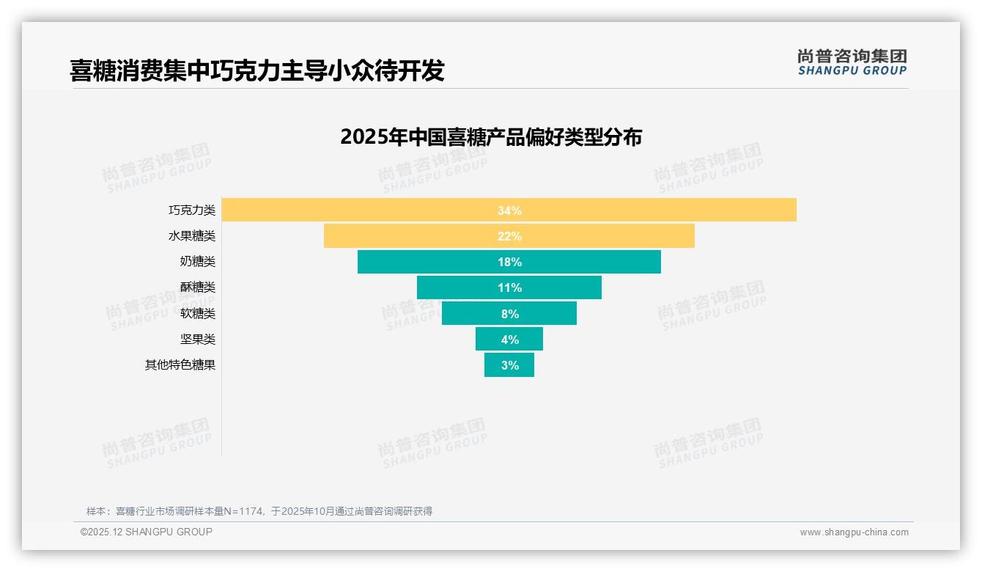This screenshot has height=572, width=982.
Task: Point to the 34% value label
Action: [509, 210]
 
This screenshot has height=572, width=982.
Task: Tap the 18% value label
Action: [509, 262]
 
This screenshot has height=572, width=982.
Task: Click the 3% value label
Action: [510, 365]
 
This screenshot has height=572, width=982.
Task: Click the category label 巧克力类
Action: [192, 210]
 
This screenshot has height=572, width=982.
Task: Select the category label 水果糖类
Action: [192, 236]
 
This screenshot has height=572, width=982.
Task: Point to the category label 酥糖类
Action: [198, 287]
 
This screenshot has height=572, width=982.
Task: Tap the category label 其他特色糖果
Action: [180, 364]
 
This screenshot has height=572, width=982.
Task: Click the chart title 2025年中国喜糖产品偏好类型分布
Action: [491, 137]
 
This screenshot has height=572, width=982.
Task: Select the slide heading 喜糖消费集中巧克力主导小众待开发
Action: [257, 70]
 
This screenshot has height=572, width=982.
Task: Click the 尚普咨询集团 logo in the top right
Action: [852, 62]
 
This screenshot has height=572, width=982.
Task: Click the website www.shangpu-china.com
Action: [854, 532]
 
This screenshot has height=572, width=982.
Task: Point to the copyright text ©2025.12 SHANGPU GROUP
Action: [147, 532]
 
